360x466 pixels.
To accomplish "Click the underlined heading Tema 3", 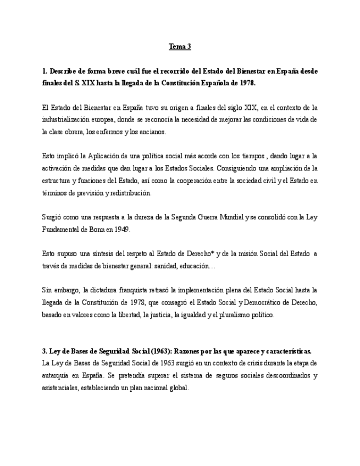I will tap(180, 47).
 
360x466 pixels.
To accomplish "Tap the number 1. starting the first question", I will tap(45, 71).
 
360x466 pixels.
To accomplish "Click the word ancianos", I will tap(153, 132).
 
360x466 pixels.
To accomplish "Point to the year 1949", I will tap(123, 229).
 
